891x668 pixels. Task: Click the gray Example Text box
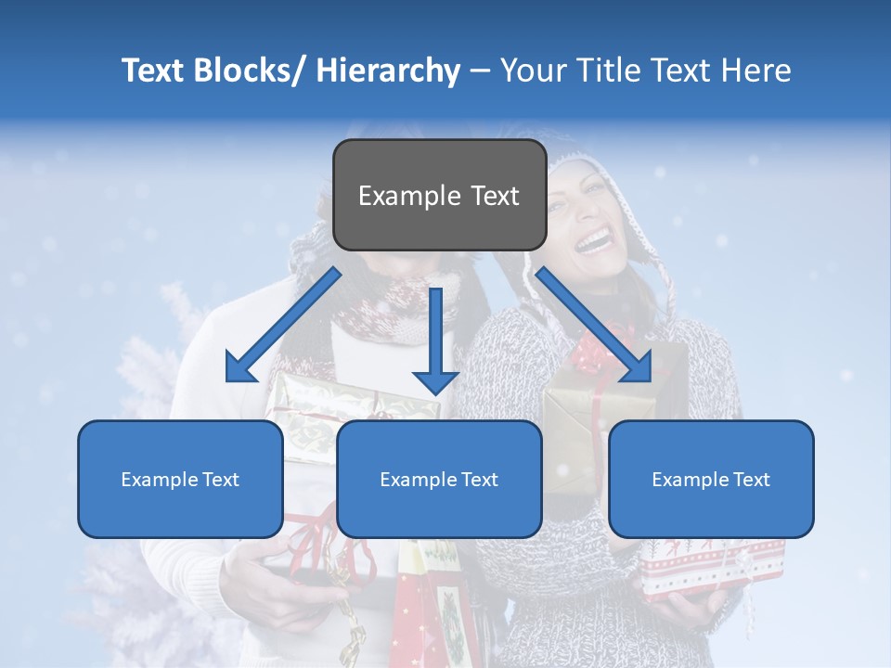point(439,195)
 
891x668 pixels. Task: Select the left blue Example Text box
point(180,479)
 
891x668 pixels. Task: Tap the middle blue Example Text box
point(439,479)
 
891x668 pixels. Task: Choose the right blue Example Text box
point(711,479)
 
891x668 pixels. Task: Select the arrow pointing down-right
point(595,325)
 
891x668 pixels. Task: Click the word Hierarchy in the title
point(388,71)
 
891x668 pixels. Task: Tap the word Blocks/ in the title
point(250,71)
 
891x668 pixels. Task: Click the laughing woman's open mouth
point(593,243)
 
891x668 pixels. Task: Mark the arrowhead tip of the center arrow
point(435,393)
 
